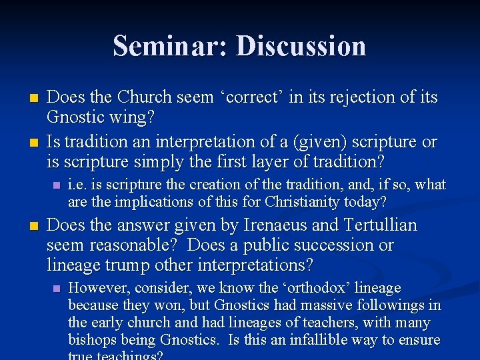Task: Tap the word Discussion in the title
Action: [x=301, y=46]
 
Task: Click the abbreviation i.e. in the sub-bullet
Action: [x=79, y=185]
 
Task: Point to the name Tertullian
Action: [x=380, y=225]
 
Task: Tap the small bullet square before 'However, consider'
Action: [x=56, y=288]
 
